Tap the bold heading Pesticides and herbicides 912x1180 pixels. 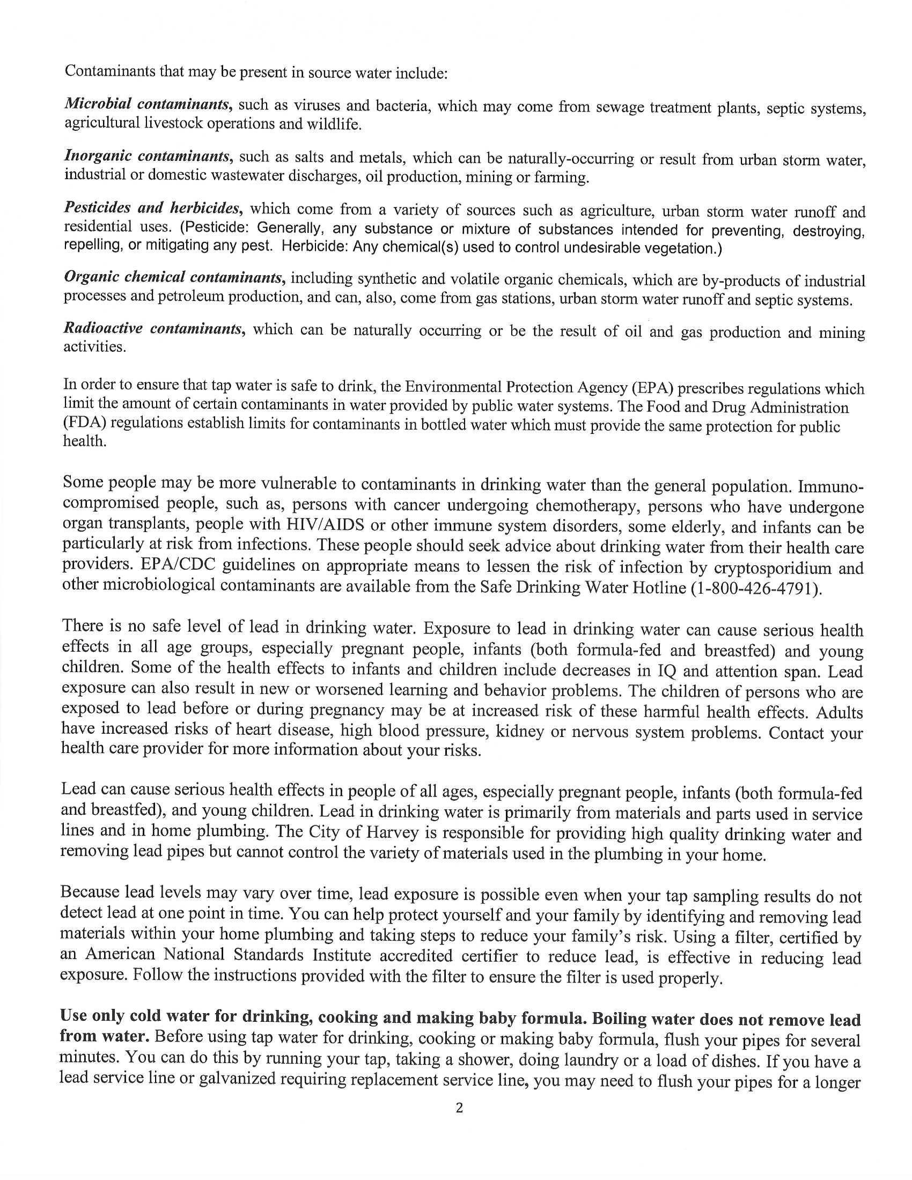pyautogui.click(x=152, y=209)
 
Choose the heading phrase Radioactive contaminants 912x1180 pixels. pyautogui.click(x=152, y=329)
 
